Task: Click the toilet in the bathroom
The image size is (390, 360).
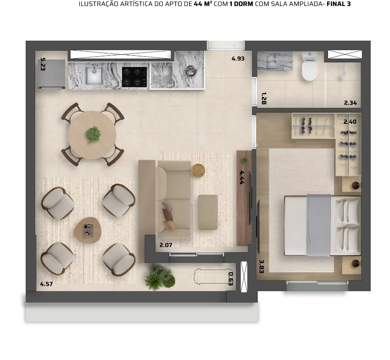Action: pos(309,67)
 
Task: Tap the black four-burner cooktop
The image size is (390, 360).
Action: pos(134,77)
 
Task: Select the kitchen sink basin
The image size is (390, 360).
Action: pos(94,75)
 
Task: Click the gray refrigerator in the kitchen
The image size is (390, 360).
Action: pos(52,74)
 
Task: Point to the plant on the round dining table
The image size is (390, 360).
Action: pos(93,134)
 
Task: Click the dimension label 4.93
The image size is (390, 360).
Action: pos(238,59)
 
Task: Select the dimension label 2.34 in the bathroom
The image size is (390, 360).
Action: pos(351,103)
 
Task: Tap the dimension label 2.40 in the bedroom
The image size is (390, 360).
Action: pos(350,122)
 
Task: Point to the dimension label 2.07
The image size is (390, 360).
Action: pos(166,245)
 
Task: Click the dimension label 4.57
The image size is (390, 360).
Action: pos(46,284)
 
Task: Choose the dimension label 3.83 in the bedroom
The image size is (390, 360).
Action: pos(261,266)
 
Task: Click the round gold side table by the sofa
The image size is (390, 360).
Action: pos(198,171)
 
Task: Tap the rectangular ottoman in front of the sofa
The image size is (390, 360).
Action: pos(208,212)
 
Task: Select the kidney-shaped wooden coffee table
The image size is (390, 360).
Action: pos(88,230)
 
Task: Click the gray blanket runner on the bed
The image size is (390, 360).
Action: pos(319,225)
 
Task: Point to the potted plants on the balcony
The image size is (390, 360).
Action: pos(160,277)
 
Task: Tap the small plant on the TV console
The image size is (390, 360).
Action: pos(245,160)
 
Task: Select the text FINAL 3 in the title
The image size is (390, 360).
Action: pos(338,4)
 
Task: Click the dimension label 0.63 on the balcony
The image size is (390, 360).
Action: pos(230,279)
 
